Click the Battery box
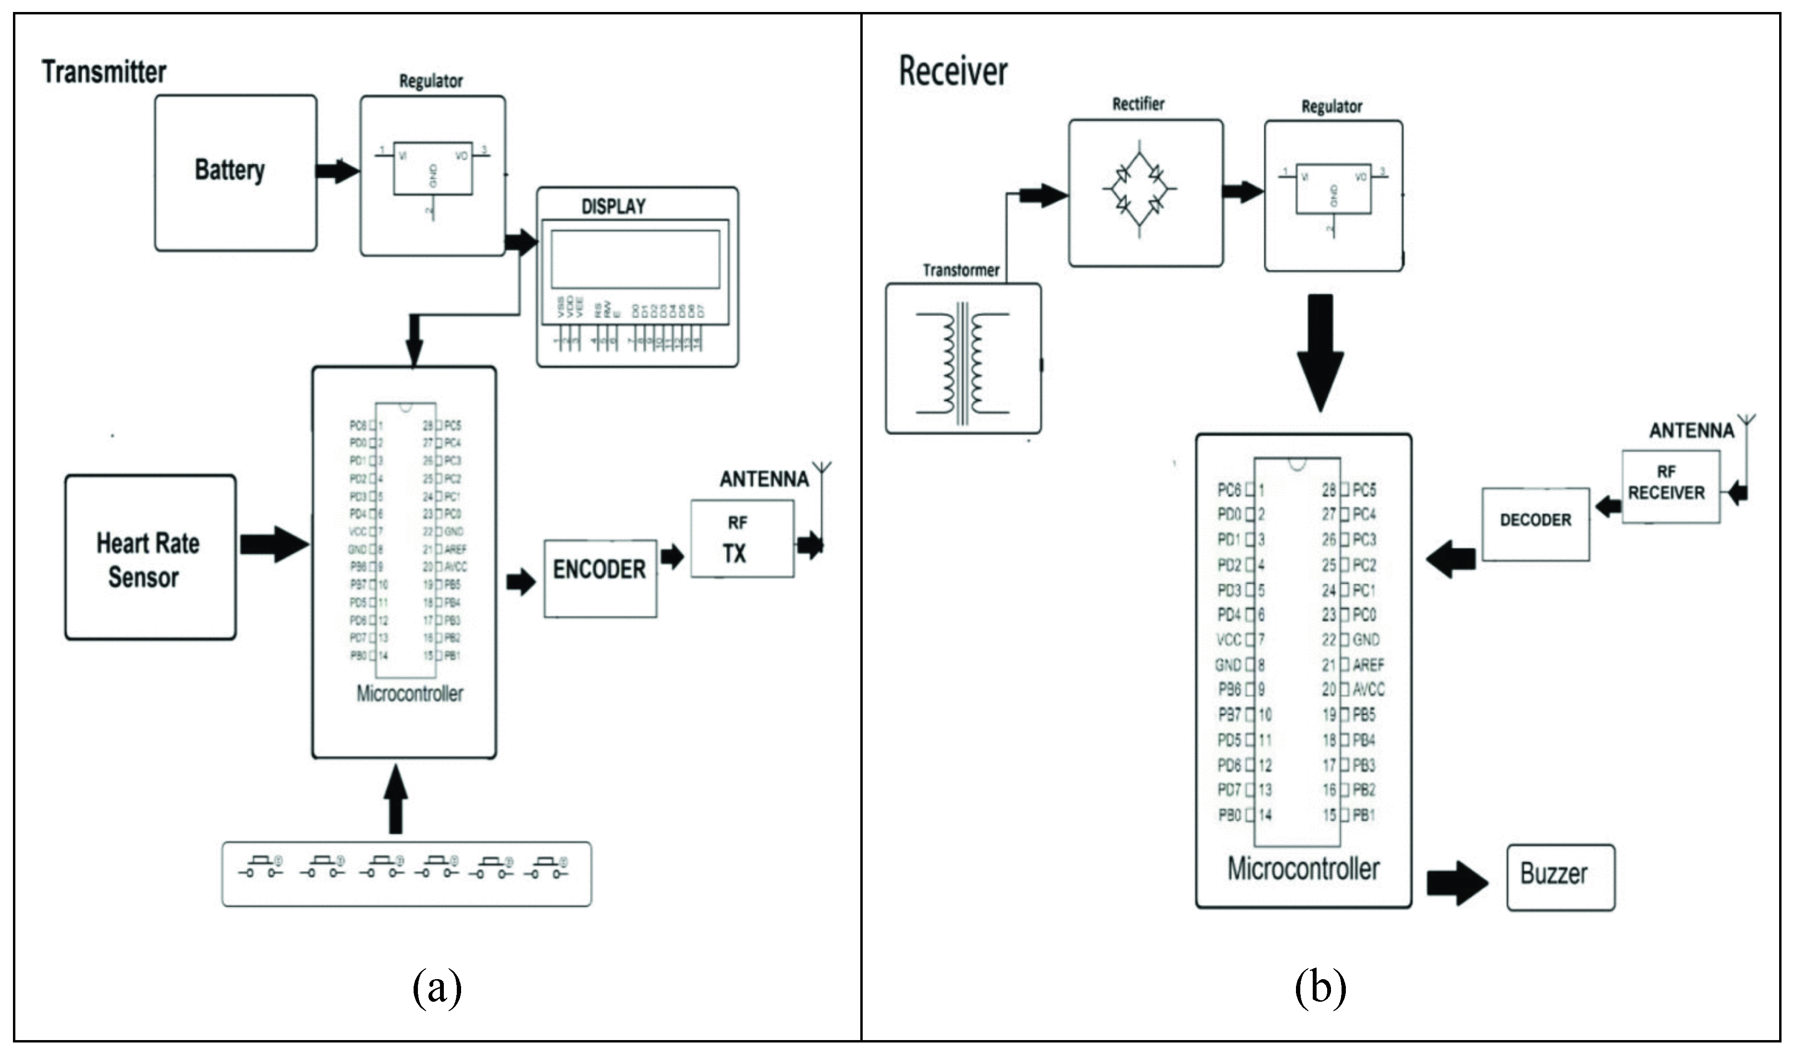(235, 173)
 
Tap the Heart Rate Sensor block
(150, 557)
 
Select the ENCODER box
(600, 578)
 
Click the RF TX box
(742, 539)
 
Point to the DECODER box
(1535, 524)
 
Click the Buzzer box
(1560, 877)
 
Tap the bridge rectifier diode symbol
(1139, 189)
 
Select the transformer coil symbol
(962, 363)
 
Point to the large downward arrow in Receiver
(1320, 352)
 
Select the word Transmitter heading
(104, 72)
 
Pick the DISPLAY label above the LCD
(613, 206)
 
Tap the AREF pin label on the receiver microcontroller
(1367, 665)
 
